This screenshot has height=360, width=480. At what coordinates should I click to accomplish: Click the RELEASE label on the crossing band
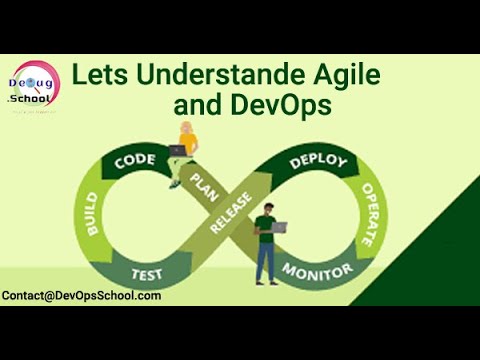237,213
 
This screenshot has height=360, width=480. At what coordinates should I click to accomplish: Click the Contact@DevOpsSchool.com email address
81,296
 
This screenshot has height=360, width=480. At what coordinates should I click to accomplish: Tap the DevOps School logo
34,87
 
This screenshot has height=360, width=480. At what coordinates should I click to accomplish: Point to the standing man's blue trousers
267,263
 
